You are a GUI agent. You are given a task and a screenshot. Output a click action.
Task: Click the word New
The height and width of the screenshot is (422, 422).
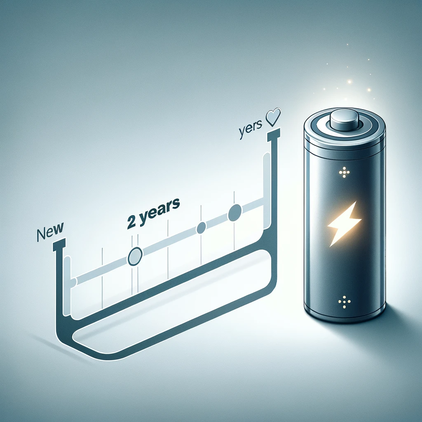(x=50, y=232)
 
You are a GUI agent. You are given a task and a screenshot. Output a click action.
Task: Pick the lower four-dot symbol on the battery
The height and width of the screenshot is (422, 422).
(x=343, y=302)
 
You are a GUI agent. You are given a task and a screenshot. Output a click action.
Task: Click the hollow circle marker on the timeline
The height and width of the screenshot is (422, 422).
(x=134, y=257)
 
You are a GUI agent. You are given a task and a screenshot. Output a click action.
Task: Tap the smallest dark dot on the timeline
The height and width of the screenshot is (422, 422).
(x=201, y=228)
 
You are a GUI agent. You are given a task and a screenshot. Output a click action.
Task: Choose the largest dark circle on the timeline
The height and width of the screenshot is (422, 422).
(x=234, y=213)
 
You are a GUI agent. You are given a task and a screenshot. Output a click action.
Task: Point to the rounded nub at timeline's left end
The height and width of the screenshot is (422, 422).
(x=73, y=283)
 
